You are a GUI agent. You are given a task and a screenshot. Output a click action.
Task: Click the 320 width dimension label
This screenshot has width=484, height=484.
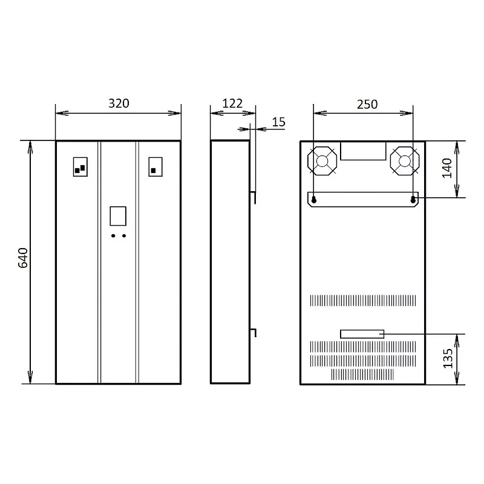[119, 103]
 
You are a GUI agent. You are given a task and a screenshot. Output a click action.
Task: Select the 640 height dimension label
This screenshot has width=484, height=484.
[23, 258]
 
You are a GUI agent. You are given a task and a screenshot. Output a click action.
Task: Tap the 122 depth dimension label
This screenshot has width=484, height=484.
[232, 103]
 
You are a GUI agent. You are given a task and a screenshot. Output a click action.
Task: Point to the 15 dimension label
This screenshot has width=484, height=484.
[279, 122]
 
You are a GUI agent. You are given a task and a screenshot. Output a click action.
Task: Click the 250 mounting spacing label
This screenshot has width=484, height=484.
[367, 104]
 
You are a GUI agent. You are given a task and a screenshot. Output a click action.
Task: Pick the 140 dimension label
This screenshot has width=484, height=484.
[447, 168]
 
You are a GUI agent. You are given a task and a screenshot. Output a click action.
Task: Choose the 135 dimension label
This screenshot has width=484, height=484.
[448, 358]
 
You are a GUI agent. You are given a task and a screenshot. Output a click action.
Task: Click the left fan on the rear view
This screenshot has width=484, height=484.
[322, 161]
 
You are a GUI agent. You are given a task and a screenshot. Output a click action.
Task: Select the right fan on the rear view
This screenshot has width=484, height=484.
[405, 161]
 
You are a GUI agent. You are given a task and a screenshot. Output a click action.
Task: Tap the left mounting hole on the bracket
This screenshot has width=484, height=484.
[314, 200]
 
